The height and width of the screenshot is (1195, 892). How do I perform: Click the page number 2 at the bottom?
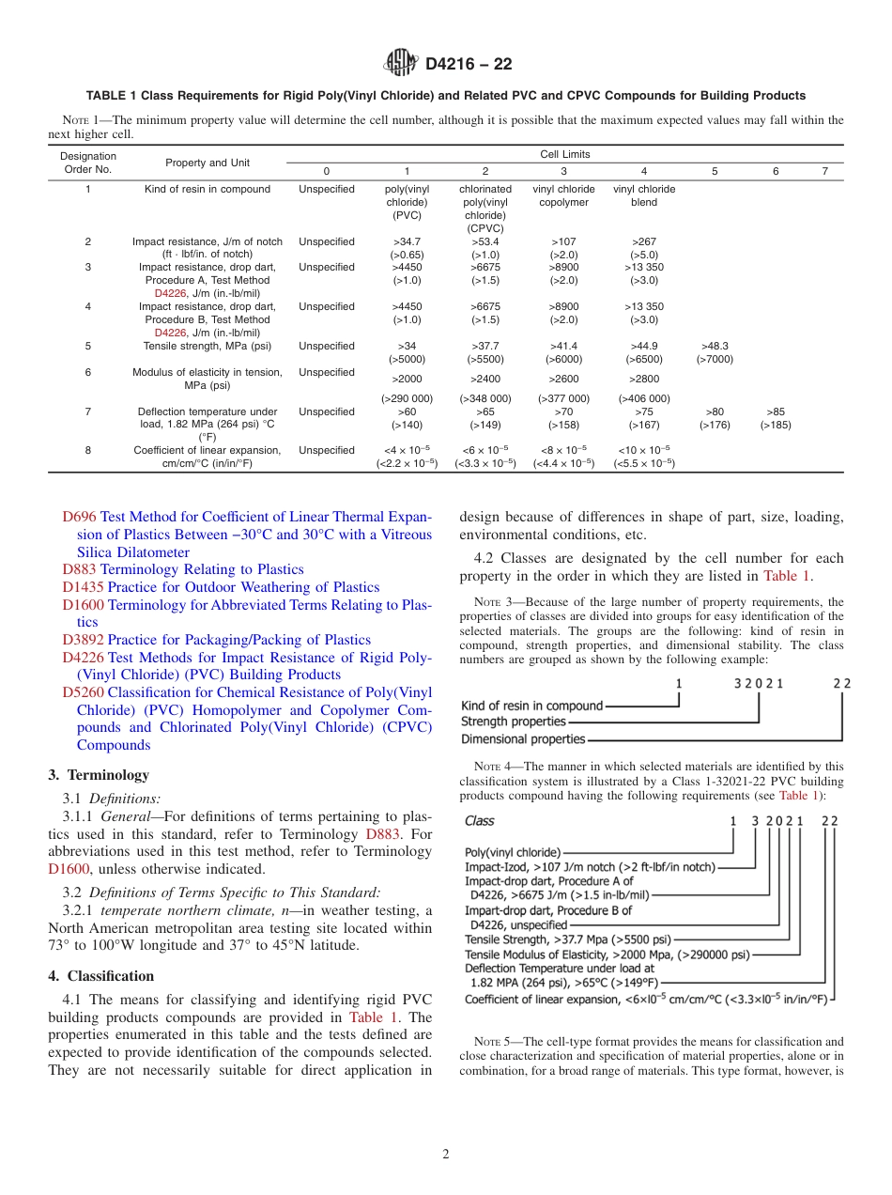(x=446, y=1155)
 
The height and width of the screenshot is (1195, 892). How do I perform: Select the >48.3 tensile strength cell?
(x=715, y=352)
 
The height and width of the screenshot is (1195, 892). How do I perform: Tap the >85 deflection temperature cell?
(x=776, y=418)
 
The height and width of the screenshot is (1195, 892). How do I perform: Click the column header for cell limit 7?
(x=825, y=171)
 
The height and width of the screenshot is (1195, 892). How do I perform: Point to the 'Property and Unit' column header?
(x=208, y=163)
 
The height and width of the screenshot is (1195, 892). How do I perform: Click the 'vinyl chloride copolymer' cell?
(x=563, y=195)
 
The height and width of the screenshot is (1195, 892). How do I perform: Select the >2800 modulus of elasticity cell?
(x=644, y=379)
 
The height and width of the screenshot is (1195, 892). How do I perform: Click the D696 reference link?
(x=80, y=517)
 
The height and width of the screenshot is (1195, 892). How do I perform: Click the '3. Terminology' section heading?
(x=99, y=775)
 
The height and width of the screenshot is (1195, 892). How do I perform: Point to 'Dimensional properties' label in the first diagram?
(x=522, y=739)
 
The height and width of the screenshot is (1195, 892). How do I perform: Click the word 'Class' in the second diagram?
(x=480, y=820)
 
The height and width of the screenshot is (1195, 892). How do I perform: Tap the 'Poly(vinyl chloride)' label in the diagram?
(x=514, y=853)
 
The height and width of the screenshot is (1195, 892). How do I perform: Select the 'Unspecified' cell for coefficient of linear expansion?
(x=327, y=450)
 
